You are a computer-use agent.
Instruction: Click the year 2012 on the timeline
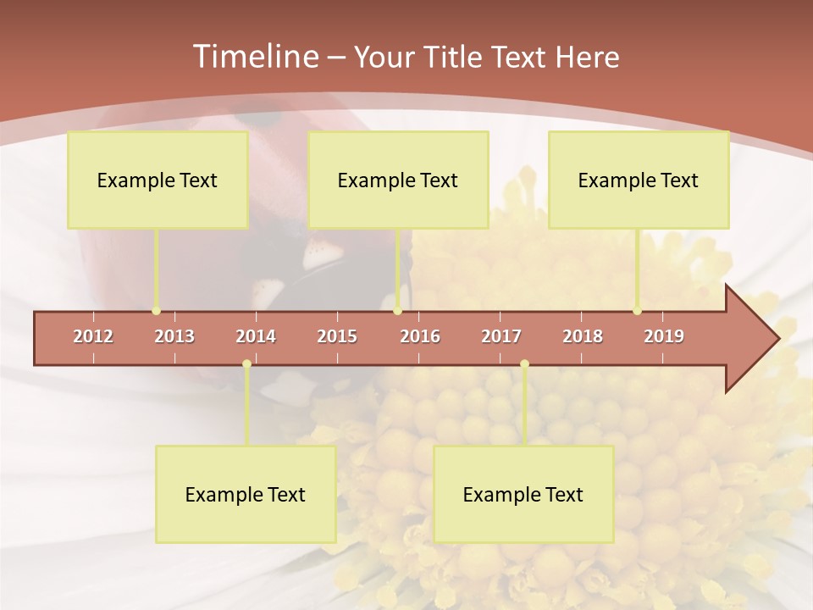[x=93, y=336]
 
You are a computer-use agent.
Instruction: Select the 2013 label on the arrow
[x=174, y=336]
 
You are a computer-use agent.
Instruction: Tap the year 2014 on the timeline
[x=256, y=336]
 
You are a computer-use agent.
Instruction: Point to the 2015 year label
[x=337, y=336]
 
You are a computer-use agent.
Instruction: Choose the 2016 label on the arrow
[x=420, y=336]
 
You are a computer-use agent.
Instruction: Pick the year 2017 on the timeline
[x=501, y=336]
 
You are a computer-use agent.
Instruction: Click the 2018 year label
[x=583, y=336]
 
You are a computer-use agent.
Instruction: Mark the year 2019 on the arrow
[x=664, y=336]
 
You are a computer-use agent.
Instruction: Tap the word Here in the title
[x=587, y=57]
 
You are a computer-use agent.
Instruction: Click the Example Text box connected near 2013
[x=158, y=180]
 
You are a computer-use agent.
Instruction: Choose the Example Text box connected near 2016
[x=398, y=180]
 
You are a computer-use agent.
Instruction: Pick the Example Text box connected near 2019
[x=639, y=180]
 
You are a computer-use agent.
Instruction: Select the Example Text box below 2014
[x=246, y=494]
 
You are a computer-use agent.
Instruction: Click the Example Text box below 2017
[x=523, y=494]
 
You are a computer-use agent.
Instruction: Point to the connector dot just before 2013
[x=156, y=311]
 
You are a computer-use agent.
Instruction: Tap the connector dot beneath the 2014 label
[x=246, y=364]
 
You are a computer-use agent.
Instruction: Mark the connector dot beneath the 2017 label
[x=524, y=364]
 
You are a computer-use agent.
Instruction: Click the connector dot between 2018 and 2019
[x=637, y=311]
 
